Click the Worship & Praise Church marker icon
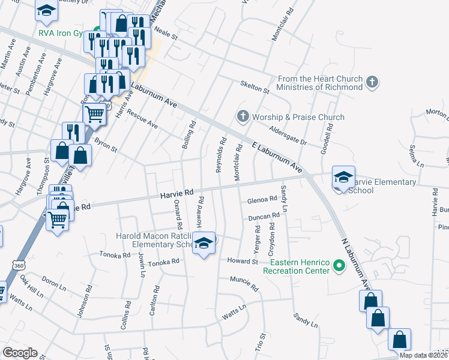[x=243, y=116]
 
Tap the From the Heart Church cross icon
[x=372, y=82]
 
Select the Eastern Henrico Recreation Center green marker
[x=339, y=265]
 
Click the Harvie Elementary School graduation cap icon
[x=344, y=178]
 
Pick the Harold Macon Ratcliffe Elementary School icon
[x=204, y=243]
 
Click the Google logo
[x=20, y=353]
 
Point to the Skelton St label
[x=255, y=86]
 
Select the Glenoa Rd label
[x=262, y=199]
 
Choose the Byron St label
[x=105, y=145]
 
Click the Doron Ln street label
[x=54, y=283]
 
